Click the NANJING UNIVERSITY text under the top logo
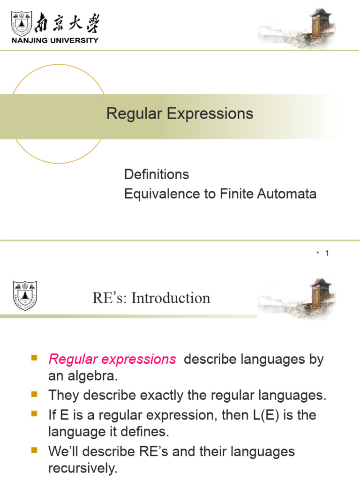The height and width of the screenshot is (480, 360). tap(55, 40)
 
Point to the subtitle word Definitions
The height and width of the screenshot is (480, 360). tap(157, 174)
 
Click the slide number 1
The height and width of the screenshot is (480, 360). tap(327, 254)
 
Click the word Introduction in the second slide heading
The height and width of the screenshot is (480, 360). tap(171, 298)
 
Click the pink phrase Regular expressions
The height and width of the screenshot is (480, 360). tap(112, 360)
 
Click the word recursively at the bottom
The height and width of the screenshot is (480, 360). tap(83, 469)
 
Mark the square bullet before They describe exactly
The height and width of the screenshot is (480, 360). tap(34, 395)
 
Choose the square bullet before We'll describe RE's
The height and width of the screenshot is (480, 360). tap(34, 451)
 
